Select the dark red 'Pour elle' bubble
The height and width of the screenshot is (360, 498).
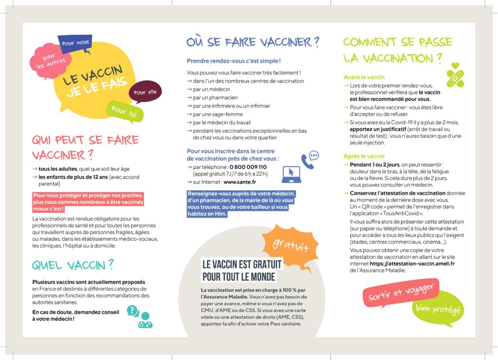(144, 92)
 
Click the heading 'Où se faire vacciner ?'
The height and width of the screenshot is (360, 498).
(253, 42)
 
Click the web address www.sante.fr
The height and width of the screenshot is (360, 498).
(240, 182)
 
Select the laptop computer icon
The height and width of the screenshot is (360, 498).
(292, 175)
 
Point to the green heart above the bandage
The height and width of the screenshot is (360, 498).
(455, 66)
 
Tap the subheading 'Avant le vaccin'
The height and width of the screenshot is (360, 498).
(364, 77)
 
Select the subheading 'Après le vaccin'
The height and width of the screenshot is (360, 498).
(364, 156)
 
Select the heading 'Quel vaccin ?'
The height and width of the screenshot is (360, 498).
(73, 265)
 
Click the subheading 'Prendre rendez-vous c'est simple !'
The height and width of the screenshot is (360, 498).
(234, 61)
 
